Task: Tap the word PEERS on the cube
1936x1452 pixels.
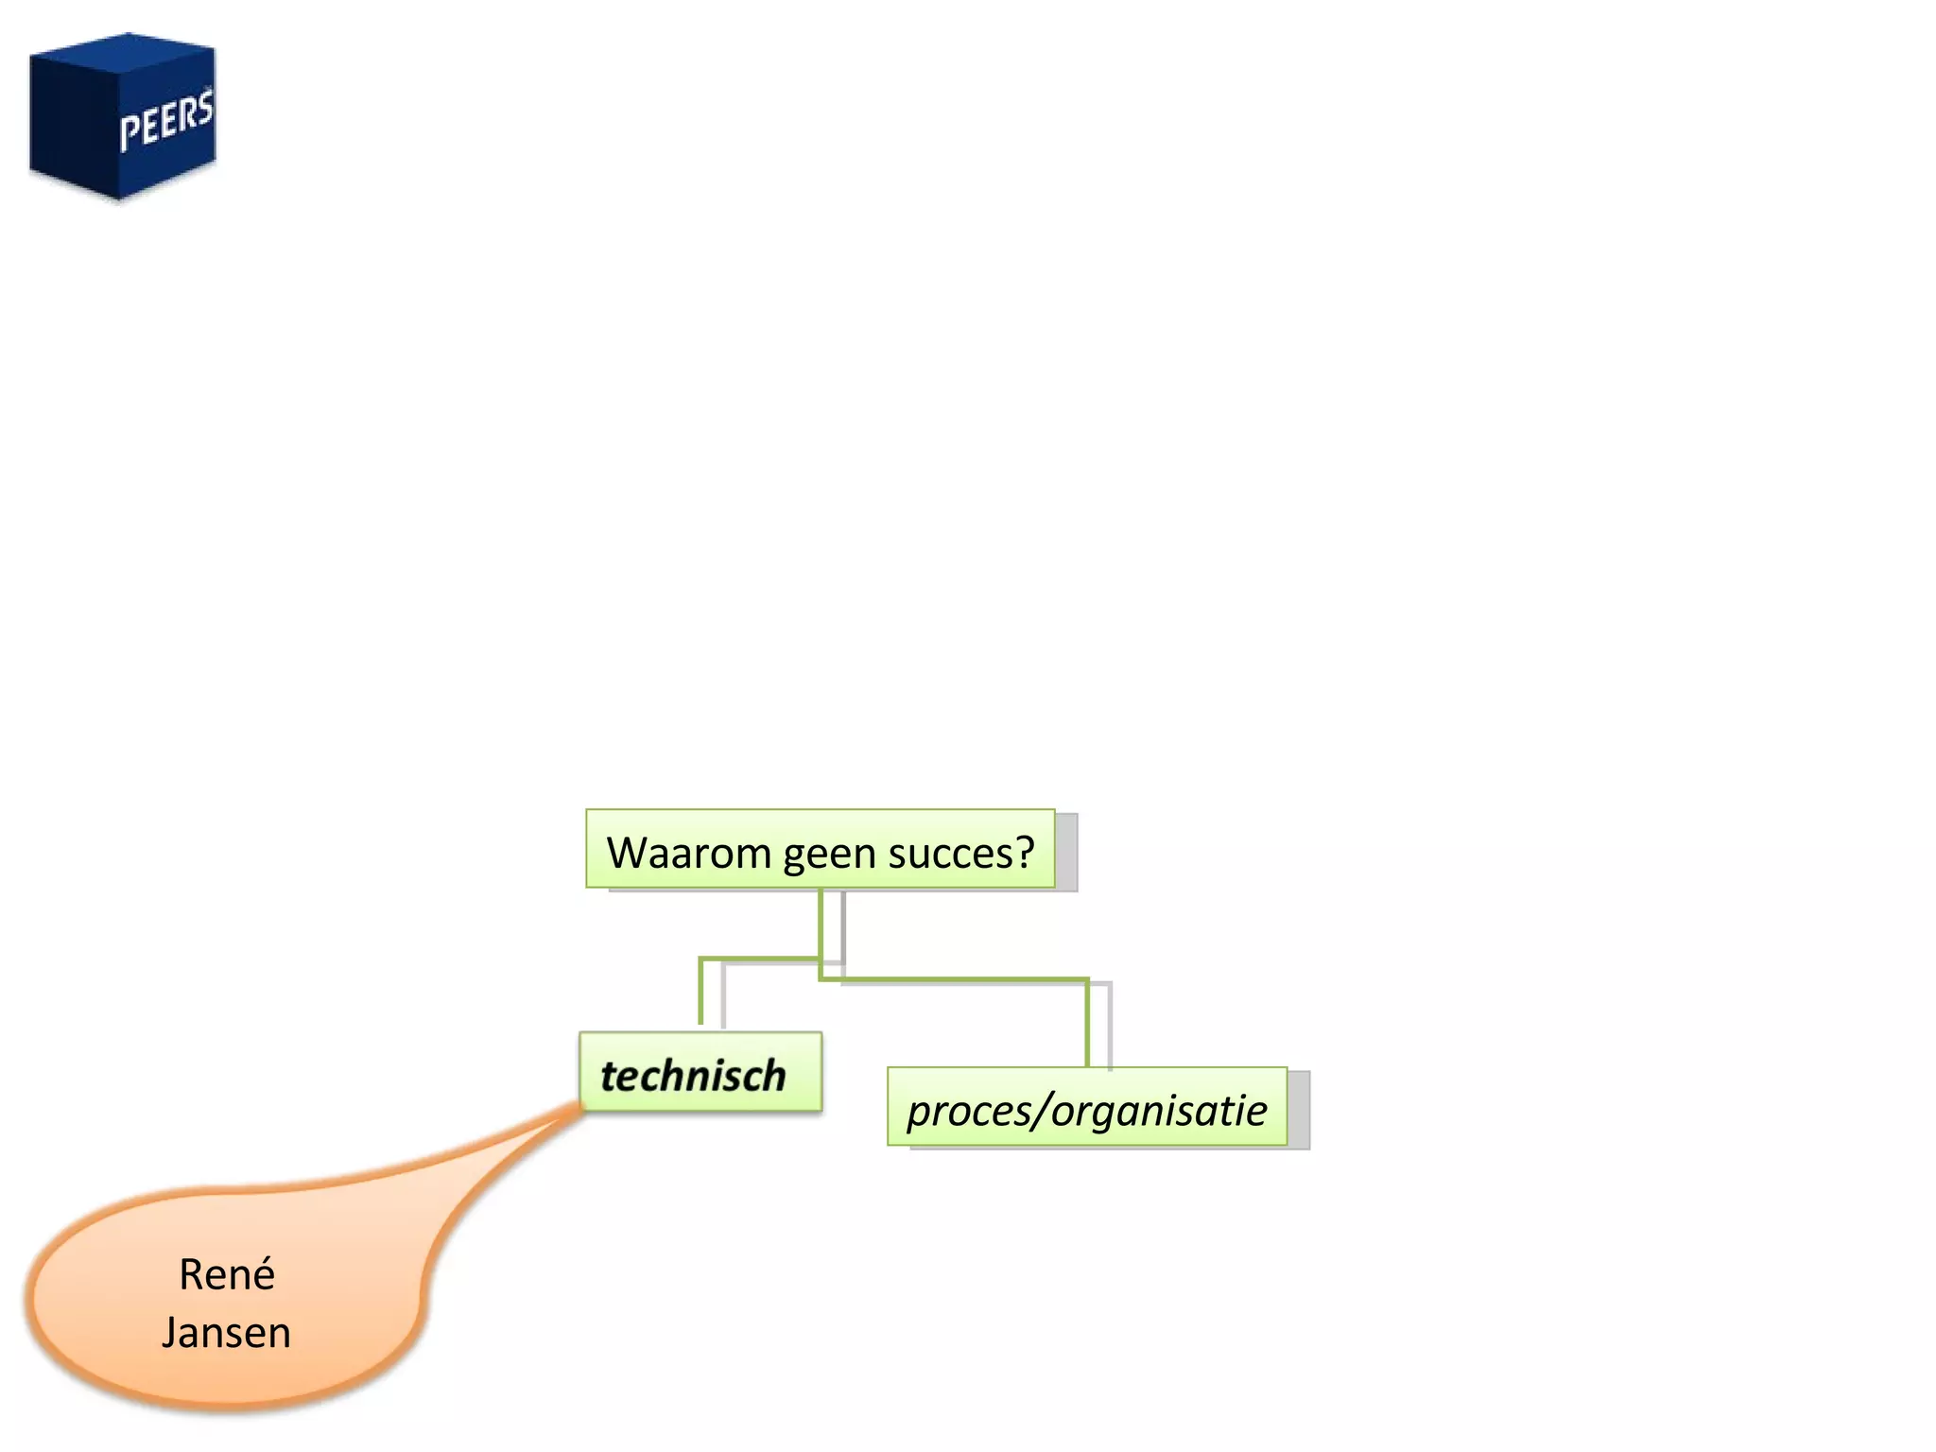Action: [x=166, y=121]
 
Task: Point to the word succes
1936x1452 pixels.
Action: [x=949, y=854]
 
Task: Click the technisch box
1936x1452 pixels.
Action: [x=700, y=1072]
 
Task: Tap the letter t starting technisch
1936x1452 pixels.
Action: [x=609, y=1076]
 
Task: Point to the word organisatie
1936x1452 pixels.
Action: [x=1159, y=1111]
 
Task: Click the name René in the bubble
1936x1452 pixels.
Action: [x=227, y=1275]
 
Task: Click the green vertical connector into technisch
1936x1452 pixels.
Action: [x=701, y=993]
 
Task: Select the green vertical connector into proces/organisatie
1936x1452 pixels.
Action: [x=1087, y=1026]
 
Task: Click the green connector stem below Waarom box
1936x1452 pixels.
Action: [x=821, y=922]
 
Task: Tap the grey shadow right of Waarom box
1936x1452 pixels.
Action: [x=1066, y=851]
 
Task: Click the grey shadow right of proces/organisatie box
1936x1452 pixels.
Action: [x=1299, y=1109]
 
